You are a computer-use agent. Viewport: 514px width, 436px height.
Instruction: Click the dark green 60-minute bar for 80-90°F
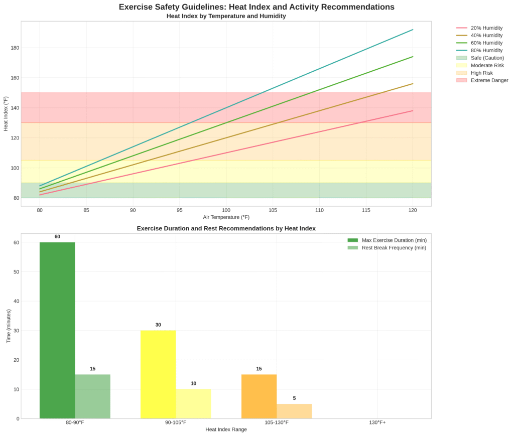coord(57,330)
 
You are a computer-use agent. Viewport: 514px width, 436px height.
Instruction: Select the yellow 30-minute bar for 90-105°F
coord(158,374)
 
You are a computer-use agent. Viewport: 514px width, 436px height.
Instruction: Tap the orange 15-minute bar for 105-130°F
coord(259,396)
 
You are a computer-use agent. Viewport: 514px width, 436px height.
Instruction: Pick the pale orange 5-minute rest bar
coord(294,411)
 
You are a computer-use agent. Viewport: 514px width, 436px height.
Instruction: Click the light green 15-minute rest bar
coord(92,396)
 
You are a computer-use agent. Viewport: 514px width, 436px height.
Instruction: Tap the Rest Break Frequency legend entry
coord(394,248)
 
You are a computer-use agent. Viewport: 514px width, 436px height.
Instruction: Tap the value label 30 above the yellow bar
coord(158,325)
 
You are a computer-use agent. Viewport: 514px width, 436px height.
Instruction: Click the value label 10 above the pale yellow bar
coord(193,384)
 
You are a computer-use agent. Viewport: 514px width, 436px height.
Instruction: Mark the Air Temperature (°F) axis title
coord(226,218)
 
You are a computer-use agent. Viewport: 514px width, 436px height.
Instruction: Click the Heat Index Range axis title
coord(226,429)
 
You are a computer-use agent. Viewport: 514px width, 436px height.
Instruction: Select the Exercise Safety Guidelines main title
coord(256,7)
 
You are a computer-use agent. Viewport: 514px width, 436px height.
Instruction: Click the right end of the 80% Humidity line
coord(413,30)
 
